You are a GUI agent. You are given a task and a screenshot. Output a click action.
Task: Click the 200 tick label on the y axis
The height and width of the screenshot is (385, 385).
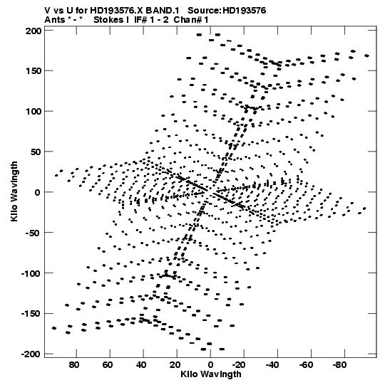(x=34, y=31)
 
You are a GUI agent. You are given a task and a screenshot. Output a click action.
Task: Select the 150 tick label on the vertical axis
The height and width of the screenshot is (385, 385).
(x=34, y=71)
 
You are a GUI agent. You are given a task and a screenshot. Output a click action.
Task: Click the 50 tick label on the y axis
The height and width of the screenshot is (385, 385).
(x=36, y=152)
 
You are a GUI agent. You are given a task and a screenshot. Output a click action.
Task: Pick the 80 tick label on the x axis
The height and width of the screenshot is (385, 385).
(x=74, y=365)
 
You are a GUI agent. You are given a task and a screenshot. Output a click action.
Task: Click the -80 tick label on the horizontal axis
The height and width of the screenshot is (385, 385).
(x=340, y=365)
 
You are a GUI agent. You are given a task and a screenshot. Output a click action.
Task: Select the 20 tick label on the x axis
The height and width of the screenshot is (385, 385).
(x=175, y=365)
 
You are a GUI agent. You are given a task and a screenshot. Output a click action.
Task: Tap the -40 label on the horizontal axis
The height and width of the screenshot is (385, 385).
(x=272, y=365)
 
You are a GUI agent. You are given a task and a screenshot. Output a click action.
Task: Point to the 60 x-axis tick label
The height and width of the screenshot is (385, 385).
(x=108, y=365)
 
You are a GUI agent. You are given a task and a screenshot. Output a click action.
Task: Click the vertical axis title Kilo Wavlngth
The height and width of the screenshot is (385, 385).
(x=14, y=191)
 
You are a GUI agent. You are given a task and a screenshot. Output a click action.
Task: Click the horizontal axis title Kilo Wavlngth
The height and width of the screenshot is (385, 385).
(x=211, y=374)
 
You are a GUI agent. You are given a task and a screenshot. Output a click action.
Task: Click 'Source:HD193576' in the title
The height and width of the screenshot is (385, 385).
(x=227, y=11)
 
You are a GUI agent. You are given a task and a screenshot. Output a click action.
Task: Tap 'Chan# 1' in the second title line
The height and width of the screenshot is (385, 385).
(x=191, y=20)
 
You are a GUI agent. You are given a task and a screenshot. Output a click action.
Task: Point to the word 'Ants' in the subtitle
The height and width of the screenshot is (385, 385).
(x=55, y=20)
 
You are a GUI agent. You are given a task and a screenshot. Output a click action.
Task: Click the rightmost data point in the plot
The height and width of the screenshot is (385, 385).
(x=366, y=56)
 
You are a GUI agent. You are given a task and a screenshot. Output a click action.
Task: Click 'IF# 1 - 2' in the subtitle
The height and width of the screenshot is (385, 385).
(x=151, y=20)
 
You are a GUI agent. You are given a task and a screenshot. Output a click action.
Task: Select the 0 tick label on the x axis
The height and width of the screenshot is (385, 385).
(x=210, y=365)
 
